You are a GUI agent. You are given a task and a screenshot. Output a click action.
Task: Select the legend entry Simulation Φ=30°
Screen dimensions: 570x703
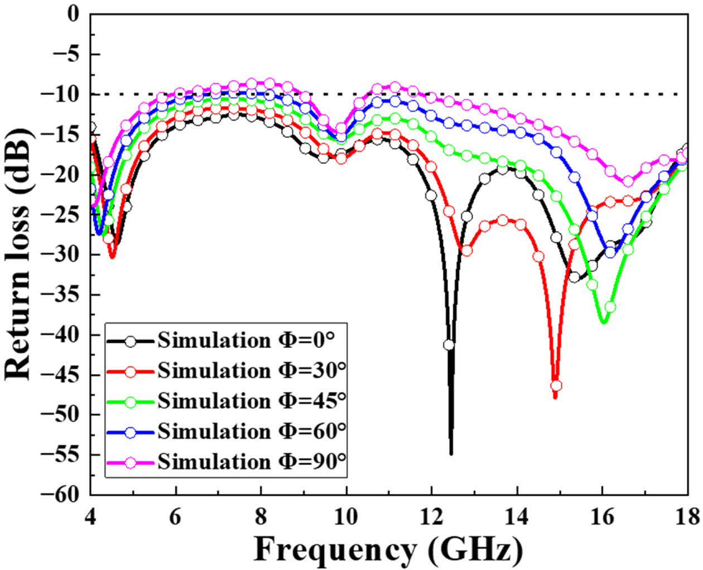click(251, 371)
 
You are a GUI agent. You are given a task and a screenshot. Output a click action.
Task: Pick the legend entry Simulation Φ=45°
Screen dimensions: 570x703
click(251, 401)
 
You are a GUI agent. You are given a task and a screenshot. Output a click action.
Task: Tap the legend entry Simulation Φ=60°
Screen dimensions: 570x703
click(251, 431)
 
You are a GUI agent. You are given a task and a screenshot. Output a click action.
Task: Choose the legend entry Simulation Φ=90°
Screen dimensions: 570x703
click(251, 461)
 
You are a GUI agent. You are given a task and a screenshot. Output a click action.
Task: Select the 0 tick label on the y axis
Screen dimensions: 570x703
click(74, 14)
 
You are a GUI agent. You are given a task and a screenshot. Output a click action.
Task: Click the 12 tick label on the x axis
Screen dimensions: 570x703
click(431, 517)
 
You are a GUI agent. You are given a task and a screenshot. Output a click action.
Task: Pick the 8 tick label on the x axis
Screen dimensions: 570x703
click(261, 517)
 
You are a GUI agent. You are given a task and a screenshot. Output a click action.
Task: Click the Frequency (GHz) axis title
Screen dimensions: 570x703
click(389, 550)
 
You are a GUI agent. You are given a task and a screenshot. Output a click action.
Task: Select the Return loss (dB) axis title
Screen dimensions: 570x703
click(18, 254)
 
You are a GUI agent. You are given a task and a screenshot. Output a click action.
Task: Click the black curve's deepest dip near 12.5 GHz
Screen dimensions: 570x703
click(451, 453)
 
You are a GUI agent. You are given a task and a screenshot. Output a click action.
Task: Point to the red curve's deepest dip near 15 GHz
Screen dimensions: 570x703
click(555, 397)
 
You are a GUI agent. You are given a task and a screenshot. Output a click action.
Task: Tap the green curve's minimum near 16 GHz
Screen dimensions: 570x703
click(603, 322)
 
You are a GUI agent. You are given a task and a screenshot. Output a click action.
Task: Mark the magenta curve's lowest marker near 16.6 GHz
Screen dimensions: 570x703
click(628, 181)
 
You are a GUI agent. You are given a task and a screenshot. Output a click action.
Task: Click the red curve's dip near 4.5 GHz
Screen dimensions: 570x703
click(112, 257)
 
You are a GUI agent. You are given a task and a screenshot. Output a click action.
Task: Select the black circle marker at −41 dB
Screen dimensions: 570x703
click(449, 345)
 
